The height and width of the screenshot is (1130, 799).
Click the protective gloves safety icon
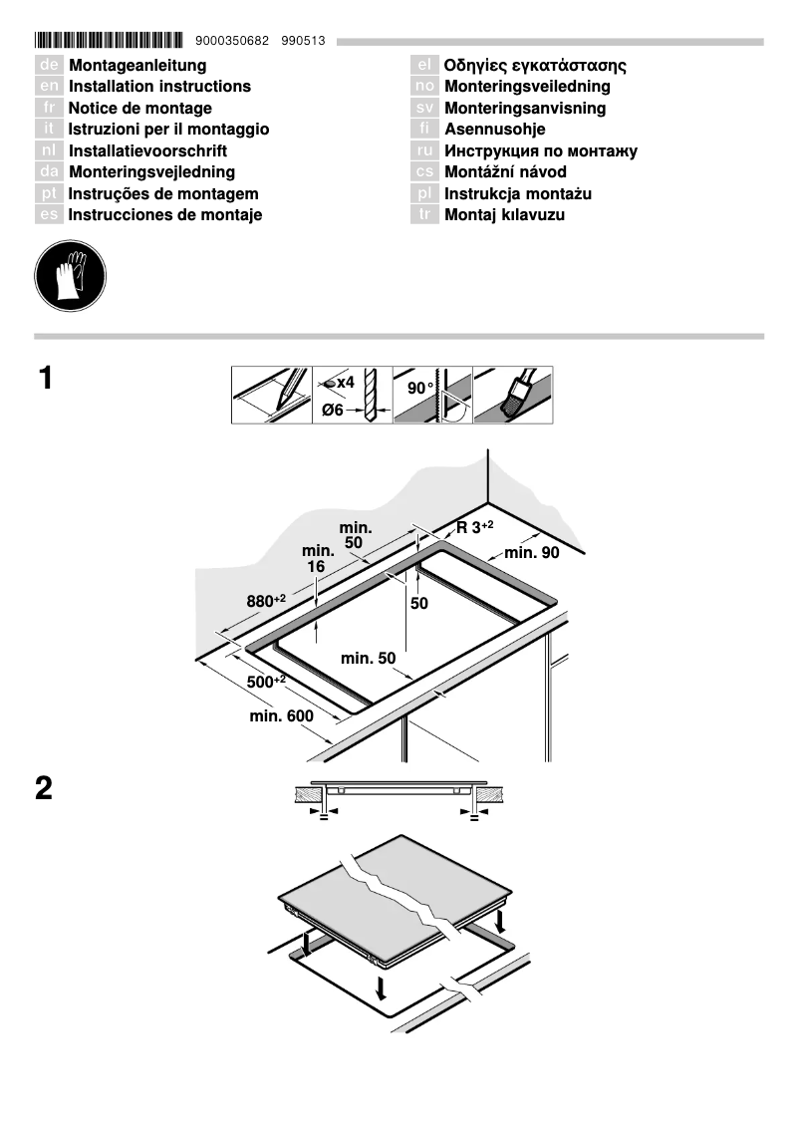coord(69,273)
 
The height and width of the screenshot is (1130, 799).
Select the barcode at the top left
coord(109,41)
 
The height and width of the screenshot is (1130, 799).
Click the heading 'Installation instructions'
coord(159,87)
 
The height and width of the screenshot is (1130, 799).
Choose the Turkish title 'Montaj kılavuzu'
coord(504,215)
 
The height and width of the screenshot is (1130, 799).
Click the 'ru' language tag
coord(424,151)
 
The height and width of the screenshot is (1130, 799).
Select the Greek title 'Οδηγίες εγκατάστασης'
coord(535,66)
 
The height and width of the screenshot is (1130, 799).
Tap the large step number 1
coord(45,379)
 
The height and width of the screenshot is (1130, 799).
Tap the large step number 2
coord(45,789)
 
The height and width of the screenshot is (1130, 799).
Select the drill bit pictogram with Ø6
coord(352,395)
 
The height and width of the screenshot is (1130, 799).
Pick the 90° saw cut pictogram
coord(432,395)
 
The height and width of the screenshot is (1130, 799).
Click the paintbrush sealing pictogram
coord(513,395)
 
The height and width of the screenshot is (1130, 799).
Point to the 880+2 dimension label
coord(266,601)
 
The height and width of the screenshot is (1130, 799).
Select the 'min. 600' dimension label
coord(282,716)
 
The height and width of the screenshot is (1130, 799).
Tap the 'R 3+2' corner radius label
coord(475,527)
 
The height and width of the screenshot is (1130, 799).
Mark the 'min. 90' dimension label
coord(532,553)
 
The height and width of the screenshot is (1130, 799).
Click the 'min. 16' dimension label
coord(317,558)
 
